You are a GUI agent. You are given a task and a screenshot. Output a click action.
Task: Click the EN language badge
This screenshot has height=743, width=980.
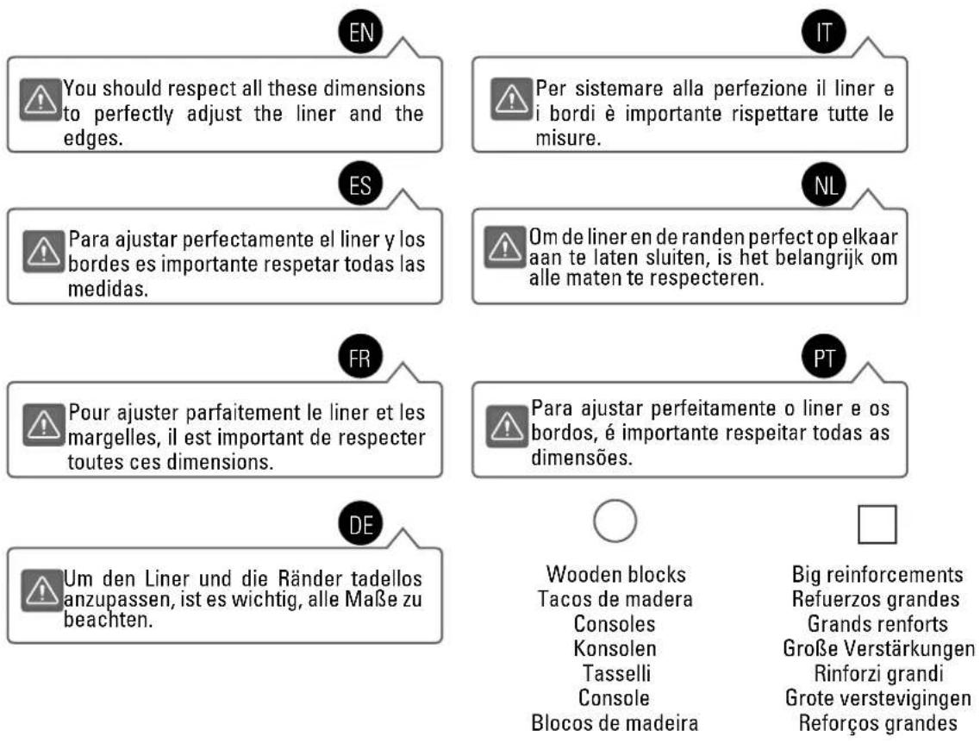pyautogui.click(x=360, y=32)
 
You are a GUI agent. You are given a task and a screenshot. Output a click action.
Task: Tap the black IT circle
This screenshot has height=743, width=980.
pyautogui.click(x=824, y=32)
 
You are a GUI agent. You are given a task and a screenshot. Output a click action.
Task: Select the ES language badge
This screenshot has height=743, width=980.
pyautogui.click(x=360, y=185)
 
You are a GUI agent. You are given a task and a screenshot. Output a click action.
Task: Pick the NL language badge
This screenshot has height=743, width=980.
pyautogui.click(x=824, y=185)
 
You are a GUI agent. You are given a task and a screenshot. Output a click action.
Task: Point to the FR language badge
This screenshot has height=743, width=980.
pyautogui.click(x=360, y=358)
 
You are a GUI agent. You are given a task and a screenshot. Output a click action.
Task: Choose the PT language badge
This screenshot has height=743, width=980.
pyautogui.click(x=824, y=358)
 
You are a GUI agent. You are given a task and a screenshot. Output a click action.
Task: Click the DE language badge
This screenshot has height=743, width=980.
pyautogui.click(x=360, y=524)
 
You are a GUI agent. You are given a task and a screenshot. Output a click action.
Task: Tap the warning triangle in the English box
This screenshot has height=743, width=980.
pyautogui.click(x=40, y=99)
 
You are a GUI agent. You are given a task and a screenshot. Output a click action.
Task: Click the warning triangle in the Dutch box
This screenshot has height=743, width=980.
pyautogui.click(x=505, y=247)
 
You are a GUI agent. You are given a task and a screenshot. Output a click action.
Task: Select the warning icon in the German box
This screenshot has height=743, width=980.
pyautogui.click(x=41, y=590)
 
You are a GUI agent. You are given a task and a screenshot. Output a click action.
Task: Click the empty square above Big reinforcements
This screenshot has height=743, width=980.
pyautogui.click(x=877, y=506)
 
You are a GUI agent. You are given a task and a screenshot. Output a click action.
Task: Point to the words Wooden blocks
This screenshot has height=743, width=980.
pyautogui.click(x=615, y=574)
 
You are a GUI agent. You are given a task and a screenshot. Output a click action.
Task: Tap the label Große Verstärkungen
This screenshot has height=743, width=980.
pyautogui.click(x=878, y=648)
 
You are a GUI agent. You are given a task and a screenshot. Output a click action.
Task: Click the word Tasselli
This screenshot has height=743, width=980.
pyautogui.click(x=616, y=673)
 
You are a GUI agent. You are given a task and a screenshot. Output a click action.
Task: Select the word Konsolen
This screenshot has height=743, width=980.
pyautogui.click(x=615, y=648)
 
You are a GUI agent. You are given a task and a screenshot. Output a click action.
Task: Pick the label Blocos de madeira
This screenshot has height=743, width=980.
pyautogui.click(x=615, y=723)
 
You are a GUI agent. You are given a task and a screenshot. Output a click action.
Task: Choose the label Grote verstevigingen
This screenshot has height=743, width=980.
pyautogui.click(x=878, y=698)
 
